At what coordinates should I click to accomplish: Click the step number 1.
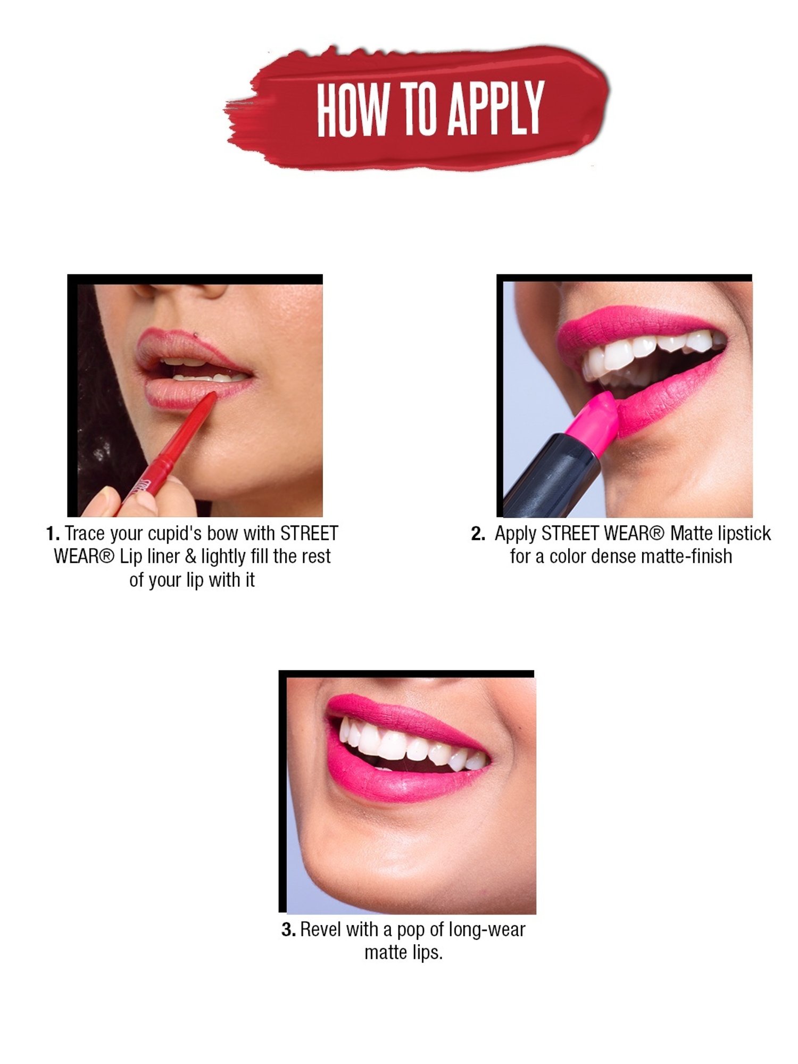pos(52,534)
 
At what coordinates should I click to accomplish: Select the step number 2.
pos(478,534)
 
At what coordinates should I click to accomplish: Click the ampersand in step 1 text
pos(190,557)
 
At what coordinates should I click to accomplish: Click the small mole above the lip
pos(196,335)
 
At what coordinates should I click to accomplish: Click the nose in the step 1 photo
pos(181,290)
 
